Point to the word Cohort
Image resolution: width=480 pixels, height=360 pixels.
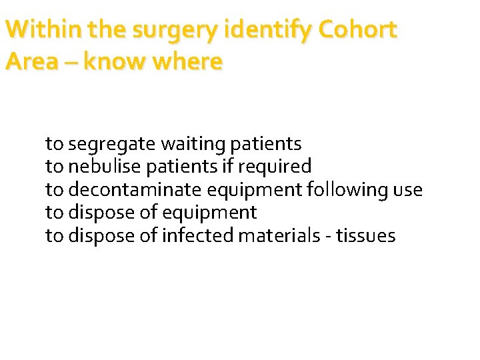pos(358,30)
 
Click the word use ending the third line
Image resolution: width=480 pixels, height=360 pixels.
pos(407,190)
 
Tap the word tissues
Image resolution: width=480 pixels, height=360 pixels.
pos(366,236)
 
